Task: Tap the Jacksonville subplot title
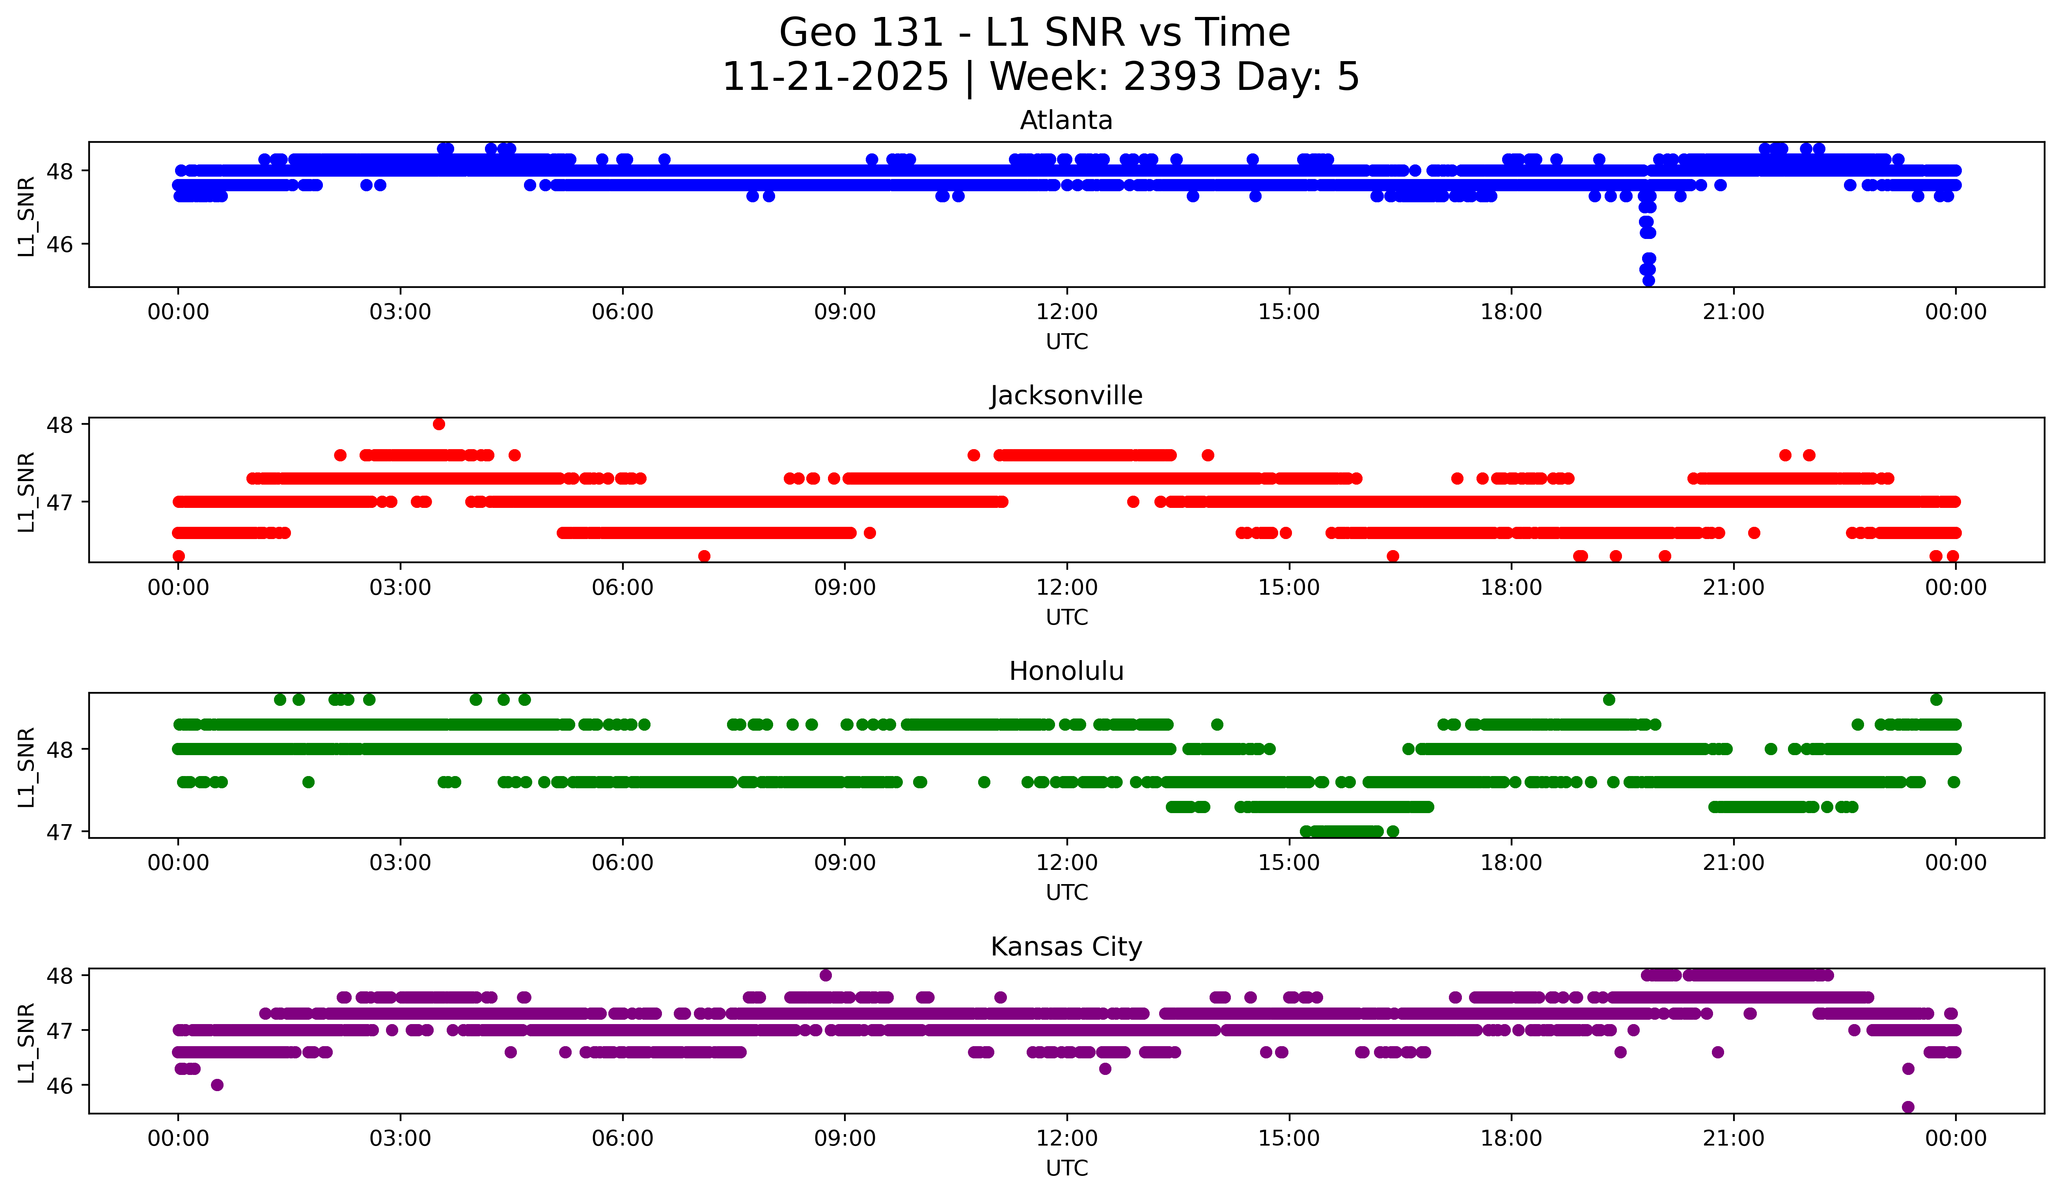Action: tap(1066, 396)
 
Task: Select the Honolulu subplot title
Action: tap(1066, 671)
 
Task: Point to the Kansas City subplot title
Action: tap(1066, 947)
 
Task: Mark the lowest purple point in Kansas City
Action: tap(1908, 1107)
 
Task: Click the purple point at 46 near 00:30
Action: tap(216, 1085)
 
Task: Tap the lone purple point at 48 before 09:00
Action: tap(826, 975)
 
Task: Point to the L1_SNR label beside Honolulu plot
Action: tap(26, 767)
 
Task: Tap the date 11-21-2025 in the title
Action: tap(835, 77)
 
